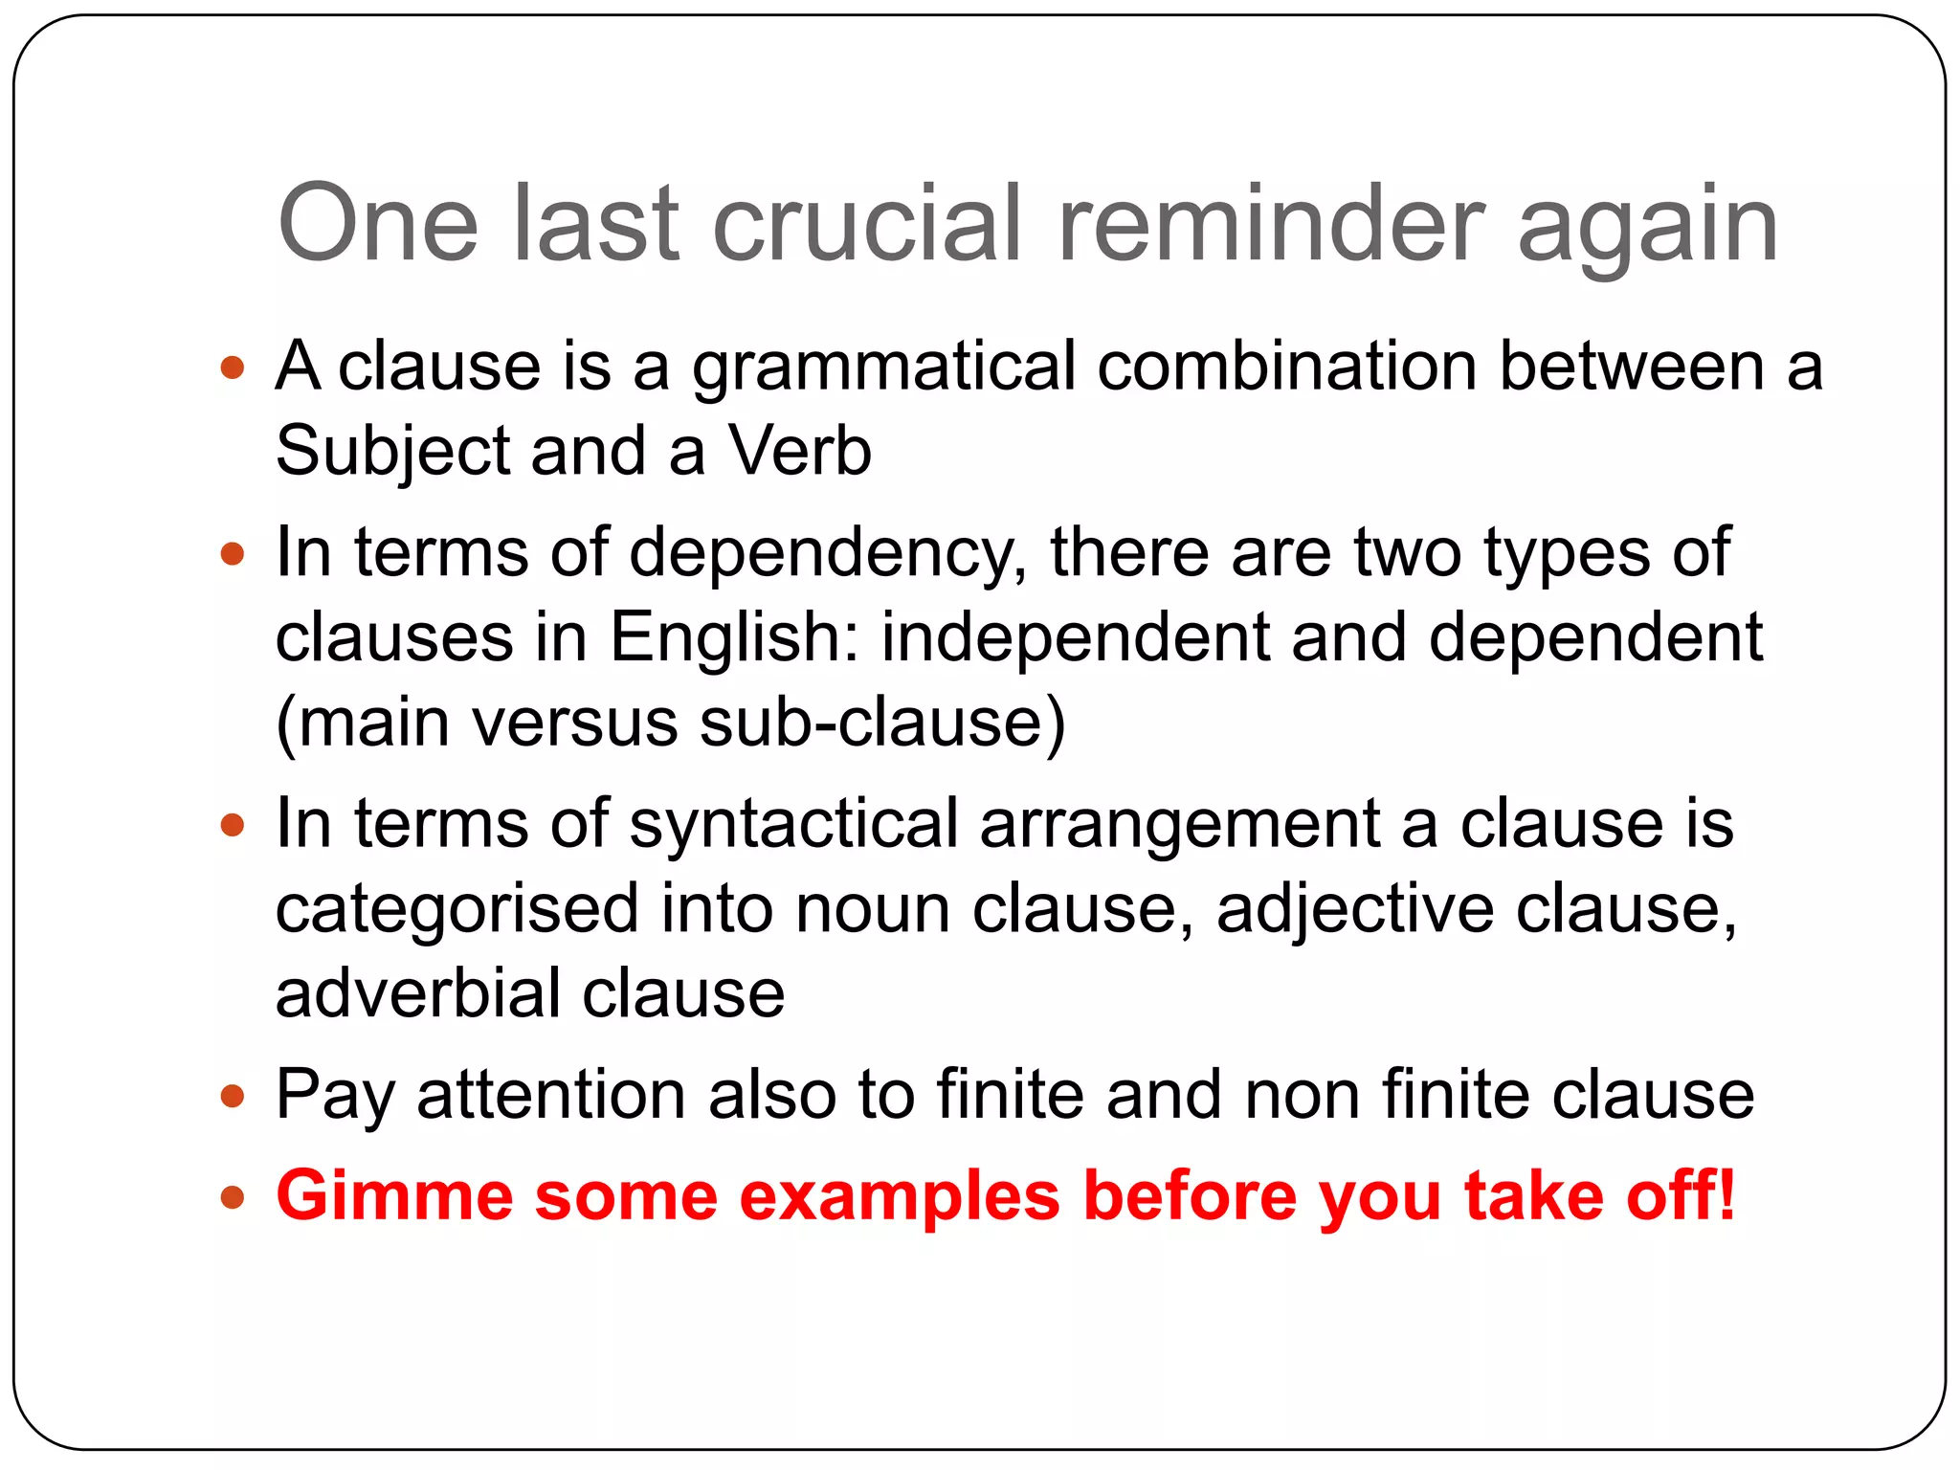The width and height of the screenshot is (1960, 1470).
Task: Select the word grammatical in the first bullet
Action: [883, 367]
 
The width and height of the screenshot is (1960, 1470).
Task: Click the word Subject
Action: [392, 451]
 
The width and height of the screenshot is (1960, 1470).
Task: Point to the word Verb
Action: [800, 451]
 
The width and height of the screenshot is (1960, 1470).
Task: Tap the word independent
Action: [1075, 637]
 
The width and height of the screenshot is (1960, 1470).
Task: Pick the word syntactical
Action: [793, 823]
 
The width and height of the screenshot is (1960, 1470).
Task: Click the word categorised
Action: [457, 908]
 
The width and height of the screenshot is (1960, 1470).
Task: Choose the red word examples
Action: [900, 1196]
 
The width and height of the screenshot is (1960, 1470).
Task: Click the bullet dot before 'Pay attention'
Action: [233, 1096]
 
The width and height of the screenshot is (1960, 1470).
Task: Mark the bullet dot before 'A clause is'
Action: [233, 367]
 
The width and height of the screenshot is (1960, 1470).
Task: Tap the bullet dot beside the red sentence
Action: [233, 1197]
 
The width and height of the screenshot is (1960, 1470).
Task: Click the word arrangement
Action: [1179, 823]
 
